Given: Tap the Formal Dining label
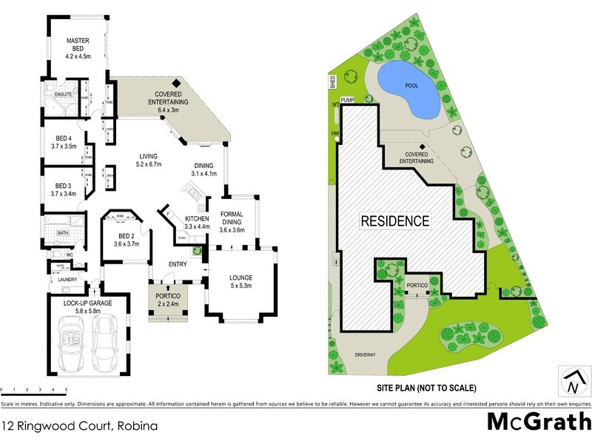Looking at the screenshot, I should click(x=235, y=223).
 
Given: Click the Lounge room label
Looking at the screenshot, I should click(x=241, y=282).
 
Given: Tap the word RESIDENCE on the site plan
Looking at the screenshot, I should click(x=394, y=221).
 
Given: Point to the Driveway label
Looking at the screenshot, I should click(x=386, y=354).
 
